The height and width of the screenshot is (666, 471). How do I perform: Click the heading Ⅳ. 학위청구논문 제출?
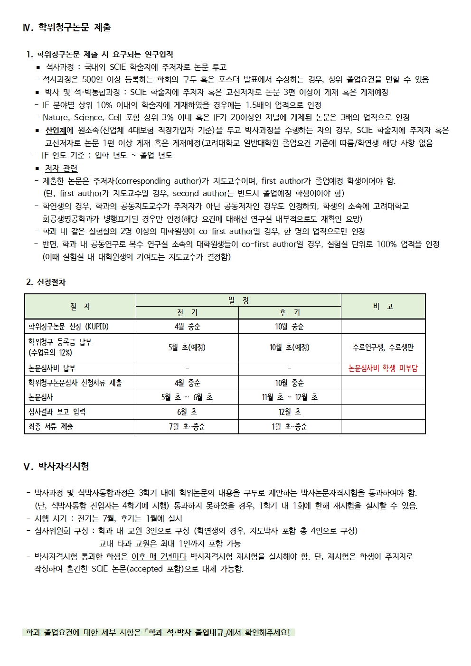(67, 28)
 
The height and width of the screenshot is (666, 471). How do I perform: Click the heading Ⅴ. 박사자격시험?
(56, 466)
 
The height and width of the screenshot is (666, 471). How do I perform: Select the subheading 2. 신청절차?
(46, 282)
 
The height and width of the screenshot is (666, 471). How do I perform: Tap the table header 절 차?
(80, 307)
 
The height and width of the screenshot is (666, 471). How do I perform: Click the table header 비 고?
(383, 307)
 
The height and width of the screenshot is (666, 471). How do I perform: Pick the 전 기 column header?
(187, 313)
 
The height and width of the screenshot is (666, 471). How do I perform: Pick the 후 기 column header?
(290, 313)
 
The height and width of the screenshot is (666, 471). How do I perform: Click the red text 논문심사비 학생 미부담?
(383, 368)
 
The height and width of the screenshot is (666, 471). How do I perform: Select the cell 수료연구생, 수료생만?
(383, 347)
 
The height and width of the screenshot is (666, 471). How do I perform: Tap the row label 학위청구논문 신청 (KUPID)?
(68, 327)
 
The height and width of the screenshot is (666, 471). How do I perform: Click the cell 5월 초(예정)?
(187, 347)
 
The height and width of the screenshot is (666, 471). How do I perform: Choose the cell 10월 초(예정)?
(290, 347)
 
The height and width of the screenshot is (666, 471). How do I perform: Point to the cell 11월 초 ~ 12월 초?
(290, 397)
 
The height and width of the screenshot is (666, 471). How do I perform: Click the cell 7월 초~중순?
(187, 427)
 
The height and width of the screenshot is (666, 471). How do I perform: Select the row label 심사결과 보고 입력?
(57, 412)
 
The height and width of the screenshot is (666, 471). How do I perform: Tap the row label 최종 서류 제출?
(51, 427)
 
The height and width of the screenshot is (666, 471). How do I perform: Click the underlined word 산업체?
(56, 131)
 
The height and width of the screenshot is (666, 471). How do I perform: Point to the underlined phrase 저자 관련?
(61, 169)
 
